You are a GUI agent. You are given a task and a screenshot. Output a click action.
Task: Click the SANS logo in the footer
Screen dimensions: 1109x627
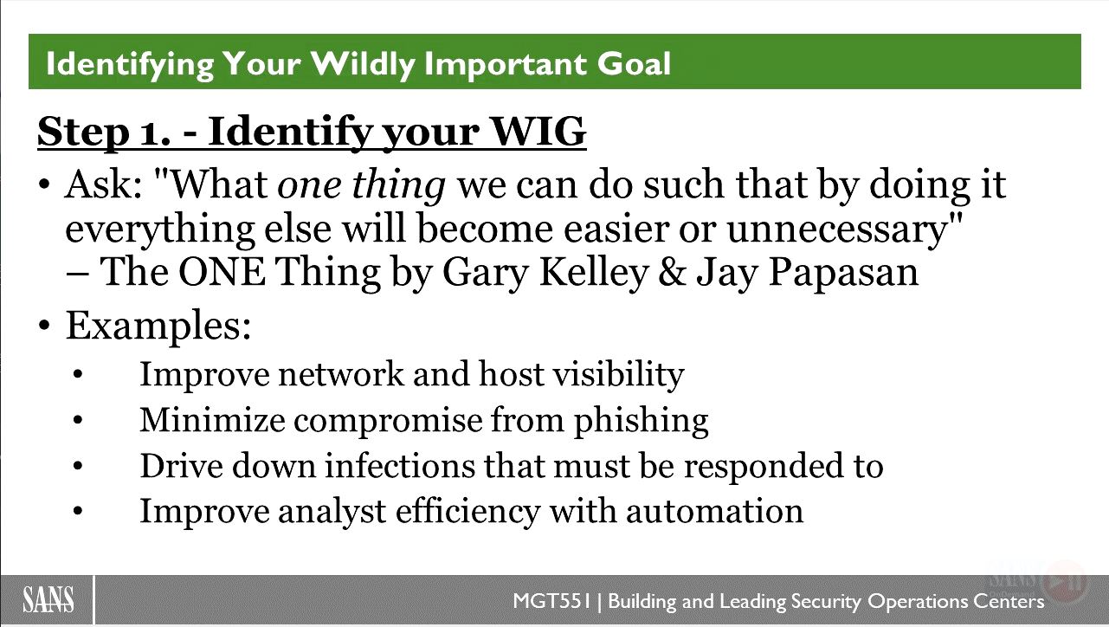click(48, 599)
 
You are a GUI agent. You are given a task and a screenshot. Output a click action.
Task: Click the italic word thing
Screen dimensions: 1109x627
click(398, 185)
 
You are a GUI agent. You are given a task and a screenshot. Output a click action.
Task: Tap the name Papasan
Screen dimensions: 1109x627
click(843, 273)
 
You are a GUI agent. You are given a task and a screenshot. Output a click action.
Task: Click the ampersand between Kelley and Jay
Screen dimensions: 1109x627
click(671, 272)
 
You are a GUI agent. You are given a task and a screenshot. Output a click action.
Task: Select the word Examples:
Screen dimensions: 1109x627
click(158, 326)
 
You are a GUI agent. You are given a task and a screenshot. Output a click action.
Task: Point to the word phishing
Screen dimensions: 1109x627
click(642, 421)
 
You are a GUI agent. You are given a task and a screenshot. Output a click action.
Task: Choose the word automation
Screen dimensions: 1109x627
click(714, 511)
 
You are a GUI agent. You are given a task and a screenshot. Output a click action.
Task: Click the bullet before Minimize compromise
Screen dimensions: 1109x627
click(78, 420)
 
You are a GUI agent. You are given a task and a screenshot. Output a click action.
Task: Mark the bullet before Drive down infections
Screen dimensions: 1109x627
click(78, 466)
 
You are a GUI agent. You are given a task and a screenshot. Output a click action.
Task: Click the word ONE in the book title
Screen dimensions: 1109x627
click(222, 272)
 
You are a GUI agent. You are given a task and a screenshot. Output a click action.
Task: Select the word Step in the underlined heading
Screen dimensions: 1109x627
click(83, 132)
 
